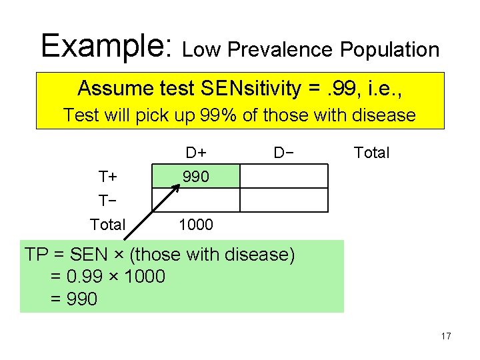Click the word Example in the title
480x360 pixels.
[105, 45]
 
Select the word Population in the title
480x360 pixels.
[389, 49]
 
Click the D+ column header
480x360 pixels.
[196, 153]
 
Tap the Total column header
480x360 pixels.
[371, 153]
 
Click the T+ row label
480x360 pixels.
[107, 177]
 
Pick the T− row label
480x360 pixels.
[107, 201]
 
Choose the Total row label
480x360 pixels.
[107, 225]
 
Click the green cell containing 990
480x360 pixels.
[196, 177]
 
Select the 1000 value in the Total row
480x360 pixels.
[196, 225]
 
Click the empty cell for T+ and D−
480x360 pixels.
[285, 177]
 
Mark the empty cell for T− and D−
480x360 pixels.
[285, 200]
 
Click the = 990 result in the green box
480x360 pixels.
[73, 299]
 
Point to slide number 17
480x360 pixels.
[445, 336]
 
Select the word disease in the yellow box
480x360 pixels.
[381, 115]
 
